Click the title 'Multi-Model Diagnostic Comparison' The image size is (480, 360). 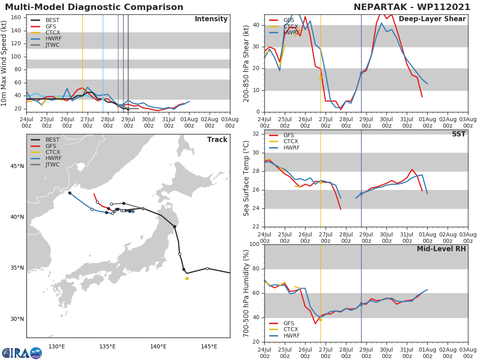[x=94, y=7]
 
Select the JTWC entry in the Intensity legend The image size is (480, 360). [x=52, y=45]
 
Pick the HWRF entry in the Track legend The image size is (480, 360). [x=52, y=158]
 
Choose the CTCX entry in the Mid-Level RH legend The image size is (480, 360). [x=290, y=330]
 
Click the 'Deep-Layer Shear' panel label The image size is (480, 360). [x=432, y=19]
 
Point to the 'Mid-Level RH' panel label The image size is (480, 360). [x=441, y=249]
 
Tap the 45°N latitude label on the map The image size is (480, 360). [x=17, y=166]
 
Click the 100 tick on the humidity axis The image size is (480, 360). [x=254, y=244]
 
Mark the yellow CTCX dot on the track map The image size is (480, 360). [x=187, y=278]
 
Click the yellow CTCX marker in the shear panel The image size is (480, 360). [x=320, y=77]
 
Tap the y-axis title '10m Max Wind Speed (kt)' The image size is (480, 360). [x=4, y=64]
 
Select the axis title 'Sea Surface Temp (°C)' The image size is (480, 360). [x=246, y=179]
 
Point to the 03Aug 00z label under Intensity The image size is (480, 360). [x=230, y=122]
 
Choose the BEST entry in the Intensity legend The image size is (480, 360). [x=52, y=20]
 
